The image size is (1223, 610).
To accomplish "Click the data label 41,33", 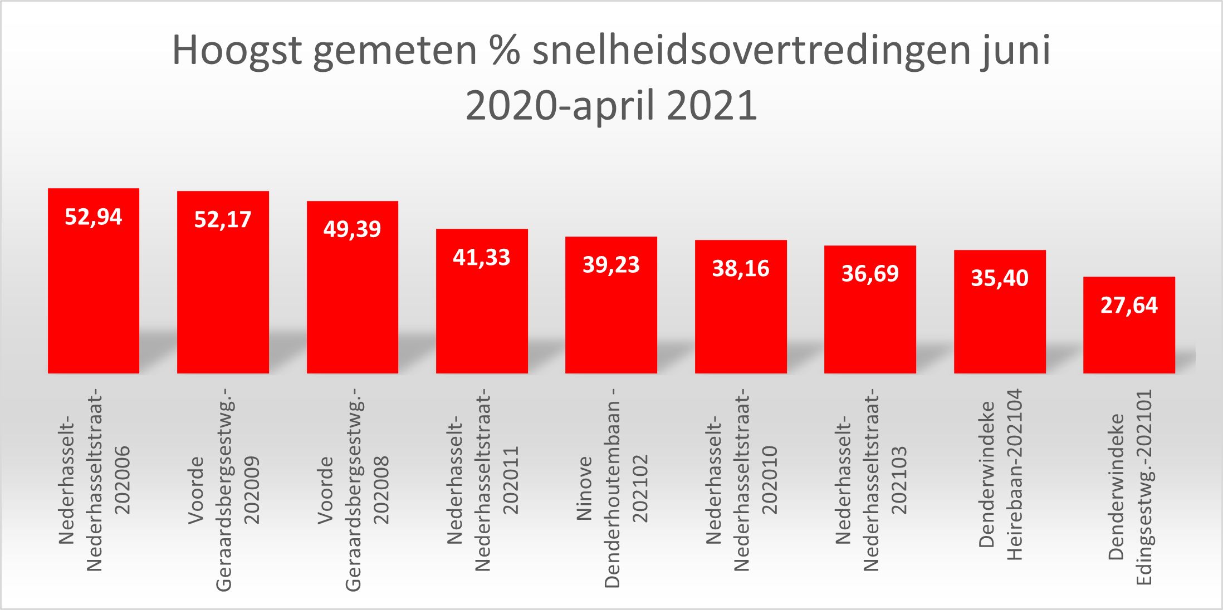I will (482, 258).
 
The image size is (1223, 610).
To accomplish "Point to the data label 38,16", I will (741, 269).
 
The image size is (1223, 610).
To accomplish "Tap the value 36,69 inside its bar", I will (870, 274).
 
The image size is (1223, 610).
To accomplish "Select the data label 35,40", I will (1000, 278).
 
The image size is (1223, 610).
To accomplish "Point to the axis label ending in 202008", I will (353, 490).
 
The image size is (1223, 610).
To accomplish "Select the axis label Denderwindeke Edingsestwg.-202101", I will (1129, 487).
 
